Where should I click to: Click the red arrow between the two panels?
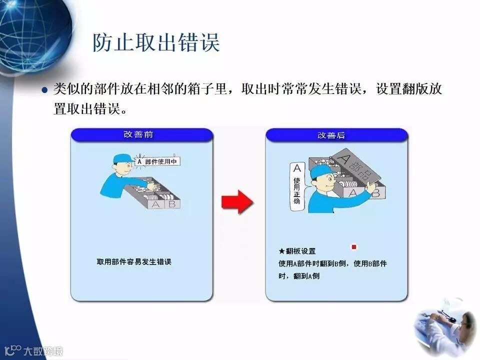pos(237,201)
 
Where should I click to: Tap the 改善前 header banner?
pos(141,135)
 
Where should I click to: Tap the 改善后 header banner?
pos(336,135)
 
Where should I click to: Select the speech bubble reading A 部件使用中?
pos(158,161)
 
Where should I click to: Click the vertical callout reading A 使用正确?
pos(297,186)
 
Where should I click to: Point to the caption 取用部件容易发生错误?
pos(134,261)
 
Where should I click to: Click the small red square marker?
pos(354,246)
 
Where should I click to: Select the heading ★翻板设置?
pos(297,251)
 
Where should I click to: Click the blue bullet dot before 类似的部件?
pos(44,90)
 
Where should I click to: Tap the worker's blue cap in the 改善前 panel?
pos(123,159)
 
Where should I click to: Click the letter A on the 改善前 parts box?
pos(156,204)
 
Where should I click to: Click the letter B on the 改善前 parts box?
pos(171,203)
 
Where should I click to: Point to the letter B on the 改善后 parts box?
pos(376,193)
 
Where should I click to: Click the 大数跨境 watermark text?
pos(43,351)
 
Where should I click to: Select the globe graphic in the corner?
pos(33,35)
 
